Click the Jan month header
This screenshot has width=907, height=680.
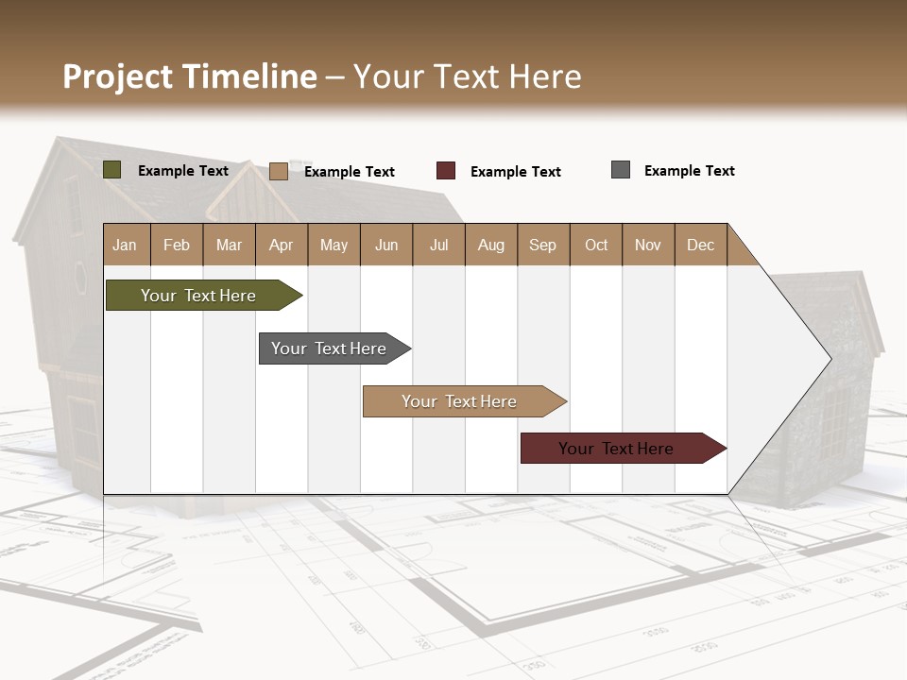125,245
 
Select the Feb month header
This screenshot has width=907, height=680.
177,245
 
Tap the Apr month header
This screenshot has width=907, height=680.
282,245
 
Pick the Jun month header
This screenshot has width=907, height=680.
386,245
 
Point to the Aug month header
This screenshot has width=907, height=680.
491,245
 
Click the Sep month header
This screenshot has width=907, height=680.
543,245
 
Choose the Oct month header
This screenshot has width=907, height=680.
596,245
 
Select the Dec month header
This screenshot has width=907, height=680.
701,245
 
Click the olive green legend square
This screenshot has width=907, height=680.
112,170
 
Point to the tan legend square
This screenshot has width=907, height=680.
279,171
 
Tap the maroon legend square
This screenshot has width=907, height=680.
446,171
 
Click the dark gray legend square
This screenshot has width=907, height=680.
621,170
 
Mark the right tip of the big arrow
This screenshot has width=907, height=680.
830,358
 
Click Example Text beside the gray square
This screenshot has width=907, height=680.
689,171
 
